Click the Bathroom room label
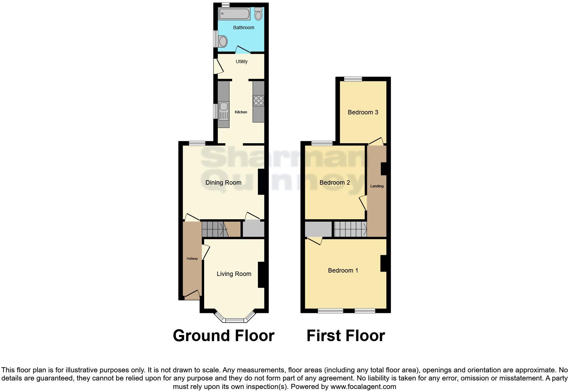click(244, 27)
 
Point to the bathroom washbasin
click(223, 42)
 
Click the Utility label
click(242, 61)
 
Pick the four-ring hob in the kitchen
click(259, 100)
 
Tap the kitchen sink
click(224, 111)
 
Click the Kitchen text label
click(241, 112)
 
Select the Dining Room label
click(223, 183)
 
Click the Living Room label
click(234, 274)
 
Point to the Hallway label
click(192, 259)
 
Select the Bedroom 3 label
click(363, 112)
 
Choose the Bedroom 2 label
click(335, 183)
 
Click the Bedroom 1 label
click(343, 271)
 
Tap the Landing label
click(377, 186)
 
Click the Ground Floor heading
click(224, 336)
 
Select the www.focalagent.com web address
click(363, 386)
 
